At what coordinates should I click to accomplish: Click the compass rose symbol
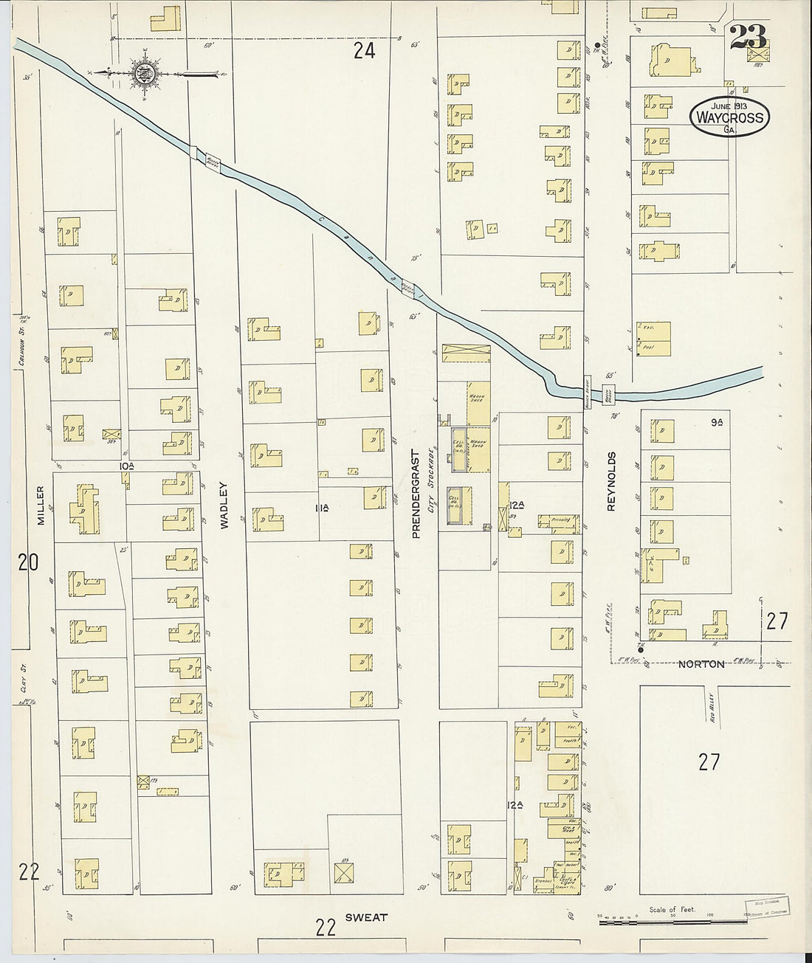[x=145, y=72]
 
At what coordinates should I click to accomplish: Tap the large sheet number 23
[x=748, y=36]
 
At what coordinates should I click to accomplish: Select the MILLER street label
[x=41, y=505]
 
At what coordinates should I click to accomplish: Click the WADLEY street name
[x=224, y=505]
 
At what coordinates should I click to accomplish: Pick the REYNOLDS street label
[x=611, y=481]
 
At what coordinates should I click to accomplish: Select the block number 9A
[x=716, y=422]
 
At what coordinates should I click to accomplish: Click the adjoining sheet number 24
[x=364, y=50]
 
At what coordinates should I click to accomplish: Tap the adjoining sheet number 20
[x=28, y=563]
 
